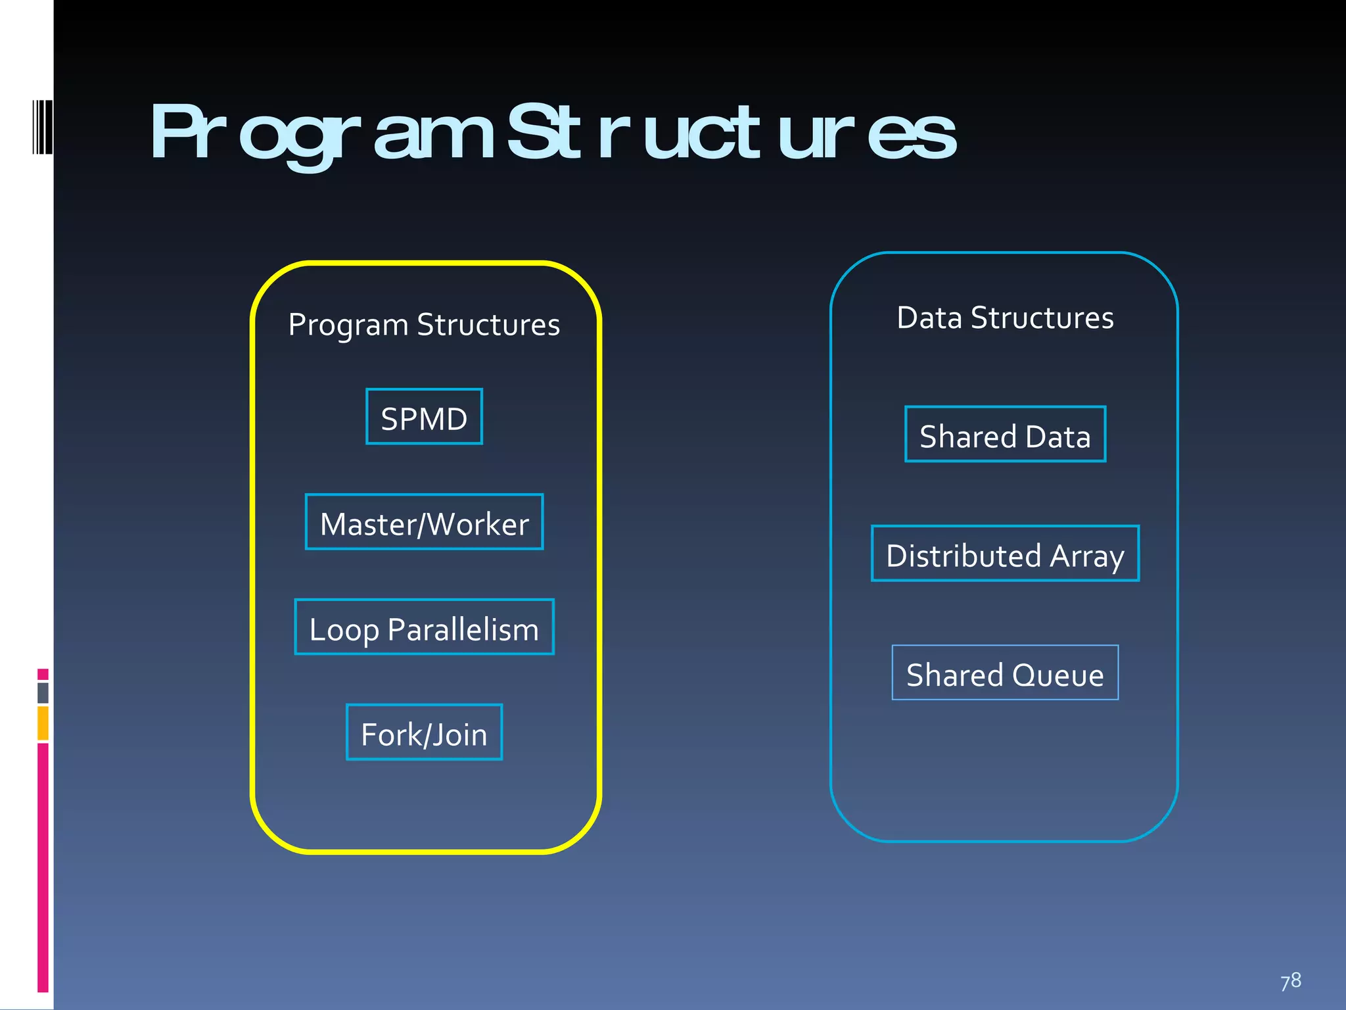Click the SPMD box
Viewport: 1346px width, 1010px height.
click(x=424, y=417)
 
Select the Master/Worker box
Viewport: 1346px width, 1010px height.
click(x=424, y=522)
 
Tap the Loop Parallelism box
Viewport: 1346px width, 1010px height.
click(x=424, y=627)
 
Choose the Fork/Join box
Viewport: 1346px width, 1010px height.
click(x=424, y=733)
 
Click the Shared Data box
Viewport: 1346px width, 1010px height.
click(x=1005, y=435)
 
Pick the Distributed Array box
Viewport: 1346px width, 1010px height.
click(x=1005, y=554)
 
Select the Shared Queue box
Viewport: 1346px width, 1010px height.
click(x=1005, y=673)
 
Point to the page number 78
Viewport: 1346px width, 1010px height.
click(x=1291, y=981)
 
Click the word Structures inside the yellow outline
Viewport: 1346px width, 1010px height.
click(x=488, y=325)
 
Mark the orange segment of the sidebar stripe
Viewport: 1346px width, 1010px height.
click(x=43, y=723)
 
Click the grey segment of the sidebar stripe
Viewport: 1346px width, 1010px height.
click(x=43, y=692)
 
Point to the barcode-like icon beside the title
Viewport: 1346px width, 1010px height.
click(x=42, y=127)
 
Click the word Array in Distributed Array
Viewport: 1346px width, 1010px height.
click(x=1087, y=556)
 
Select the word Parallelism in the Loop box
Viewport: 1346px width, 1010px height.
click(x=463, y=630)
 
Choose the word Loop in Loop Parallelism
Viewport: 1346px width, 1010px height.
click(x=344, y=630)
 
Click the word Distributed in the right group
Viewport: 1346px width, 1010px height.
click(x=963, y=556)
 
